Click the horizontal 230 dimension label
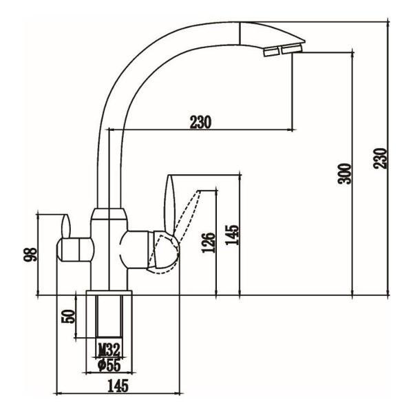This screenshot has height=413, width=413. (201, 123)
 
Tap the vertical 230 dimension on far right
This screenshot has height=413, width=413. (380, 158)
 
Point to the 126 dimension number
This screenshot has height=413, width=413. (209, 242)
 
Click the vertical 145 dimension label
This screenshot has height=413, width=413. (232, 235)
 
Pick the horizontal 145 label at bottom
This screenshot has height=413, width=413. (118, 386)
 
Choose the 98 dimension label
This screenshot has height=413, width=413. (30, 254)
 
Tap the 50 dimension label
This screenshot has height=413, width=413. (68, 317)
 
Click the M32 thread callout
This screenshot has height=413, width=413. (109, 350)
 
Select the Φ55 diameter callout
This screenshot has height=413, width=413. (109, 365)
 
